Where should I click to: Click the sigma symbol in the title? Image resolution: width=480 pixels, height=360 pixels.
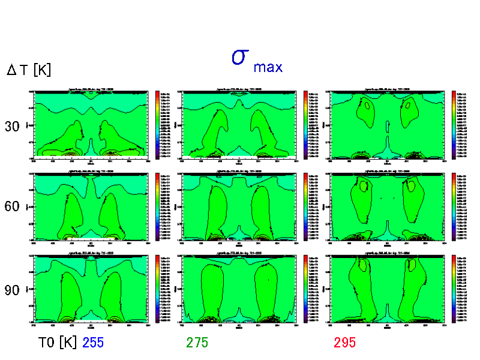coord(240,57)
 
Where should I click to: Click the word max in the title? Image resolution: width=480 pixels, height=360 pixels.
coord(268,67)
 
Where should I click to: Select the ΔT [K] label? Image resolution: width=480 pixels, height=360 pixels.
coord(29,70)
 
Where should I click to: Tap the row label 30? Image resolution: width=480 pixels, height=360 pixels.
coord(12,127)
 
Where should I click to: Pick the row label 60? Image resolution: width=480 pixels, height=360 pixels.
coord(12,207)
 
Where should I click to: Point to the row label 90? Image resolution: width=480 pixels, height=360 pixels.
coord(12,290)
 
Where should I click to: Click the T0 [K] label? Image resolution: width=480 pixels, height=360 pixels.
coord(58,343)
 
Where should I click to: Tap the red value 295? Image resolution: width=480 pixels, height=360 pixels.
coord(345,343)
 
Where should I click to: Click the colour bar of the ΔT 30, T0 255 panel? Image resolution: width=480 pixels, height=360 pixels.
coord(157,124)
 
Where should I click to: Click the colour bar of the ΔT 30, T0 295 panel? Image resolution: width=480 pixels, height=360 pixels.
coord(454,124)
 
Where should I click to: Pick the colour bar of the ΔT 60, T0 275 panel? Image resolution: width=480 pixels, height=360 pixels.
coord(305,207)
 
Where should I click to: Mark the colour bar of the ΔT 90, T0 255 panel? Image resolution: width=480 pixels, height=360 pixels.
coord(157,289)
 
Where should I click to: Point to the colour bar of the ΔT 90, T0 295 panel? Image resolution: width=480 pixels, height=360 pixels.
coord(454,289)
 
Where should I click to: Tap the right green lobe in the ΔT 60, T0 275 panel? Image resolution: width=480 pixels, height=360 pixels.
coord(263,210)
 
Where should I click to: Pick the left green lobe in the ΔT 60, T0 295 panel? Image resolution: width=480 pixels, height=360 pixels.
coord(362,201)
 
